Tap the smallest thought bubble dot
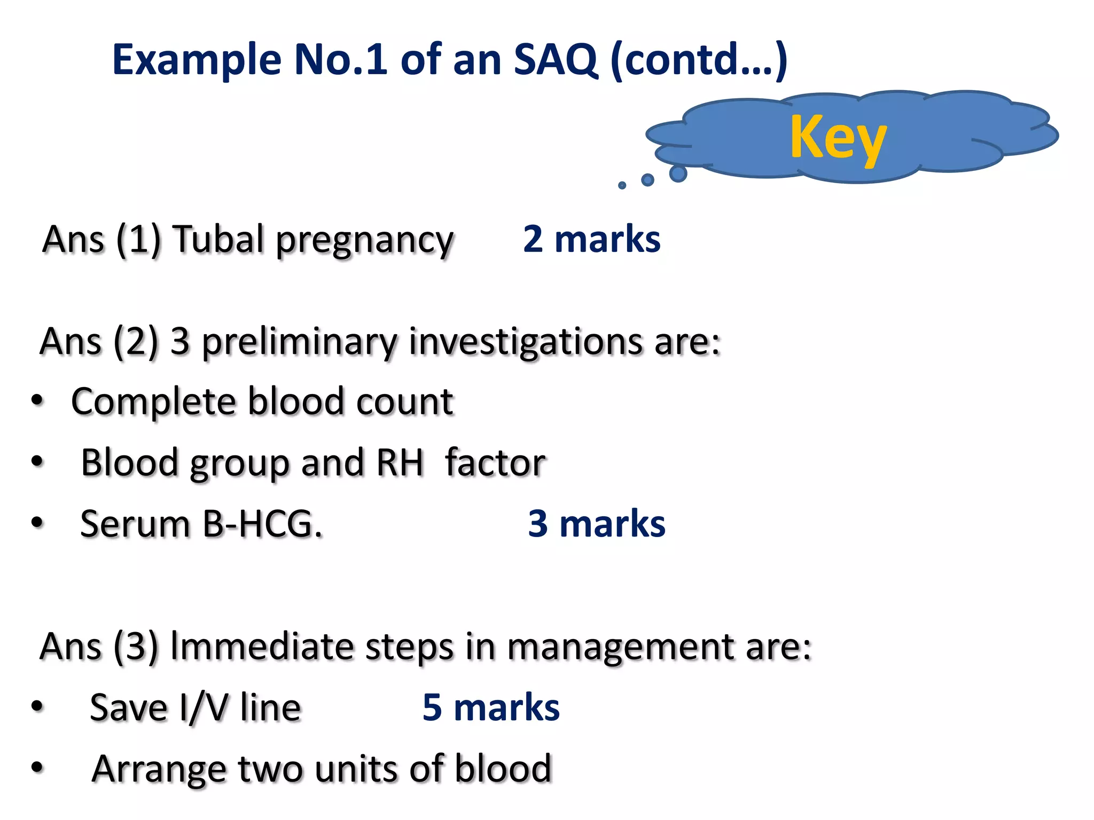pos(622,185)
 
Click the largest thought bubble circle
pos(678,174)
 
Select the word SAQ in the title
pos(555,60)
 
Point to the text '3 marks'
pos(596,523)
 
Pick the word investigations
pos(527,343)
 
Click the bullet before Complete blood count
pos(37,400)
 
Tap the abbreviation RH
pos(400,462)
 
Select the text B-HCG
pos(262,524)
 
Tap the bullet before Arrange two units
pos(37,768)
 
